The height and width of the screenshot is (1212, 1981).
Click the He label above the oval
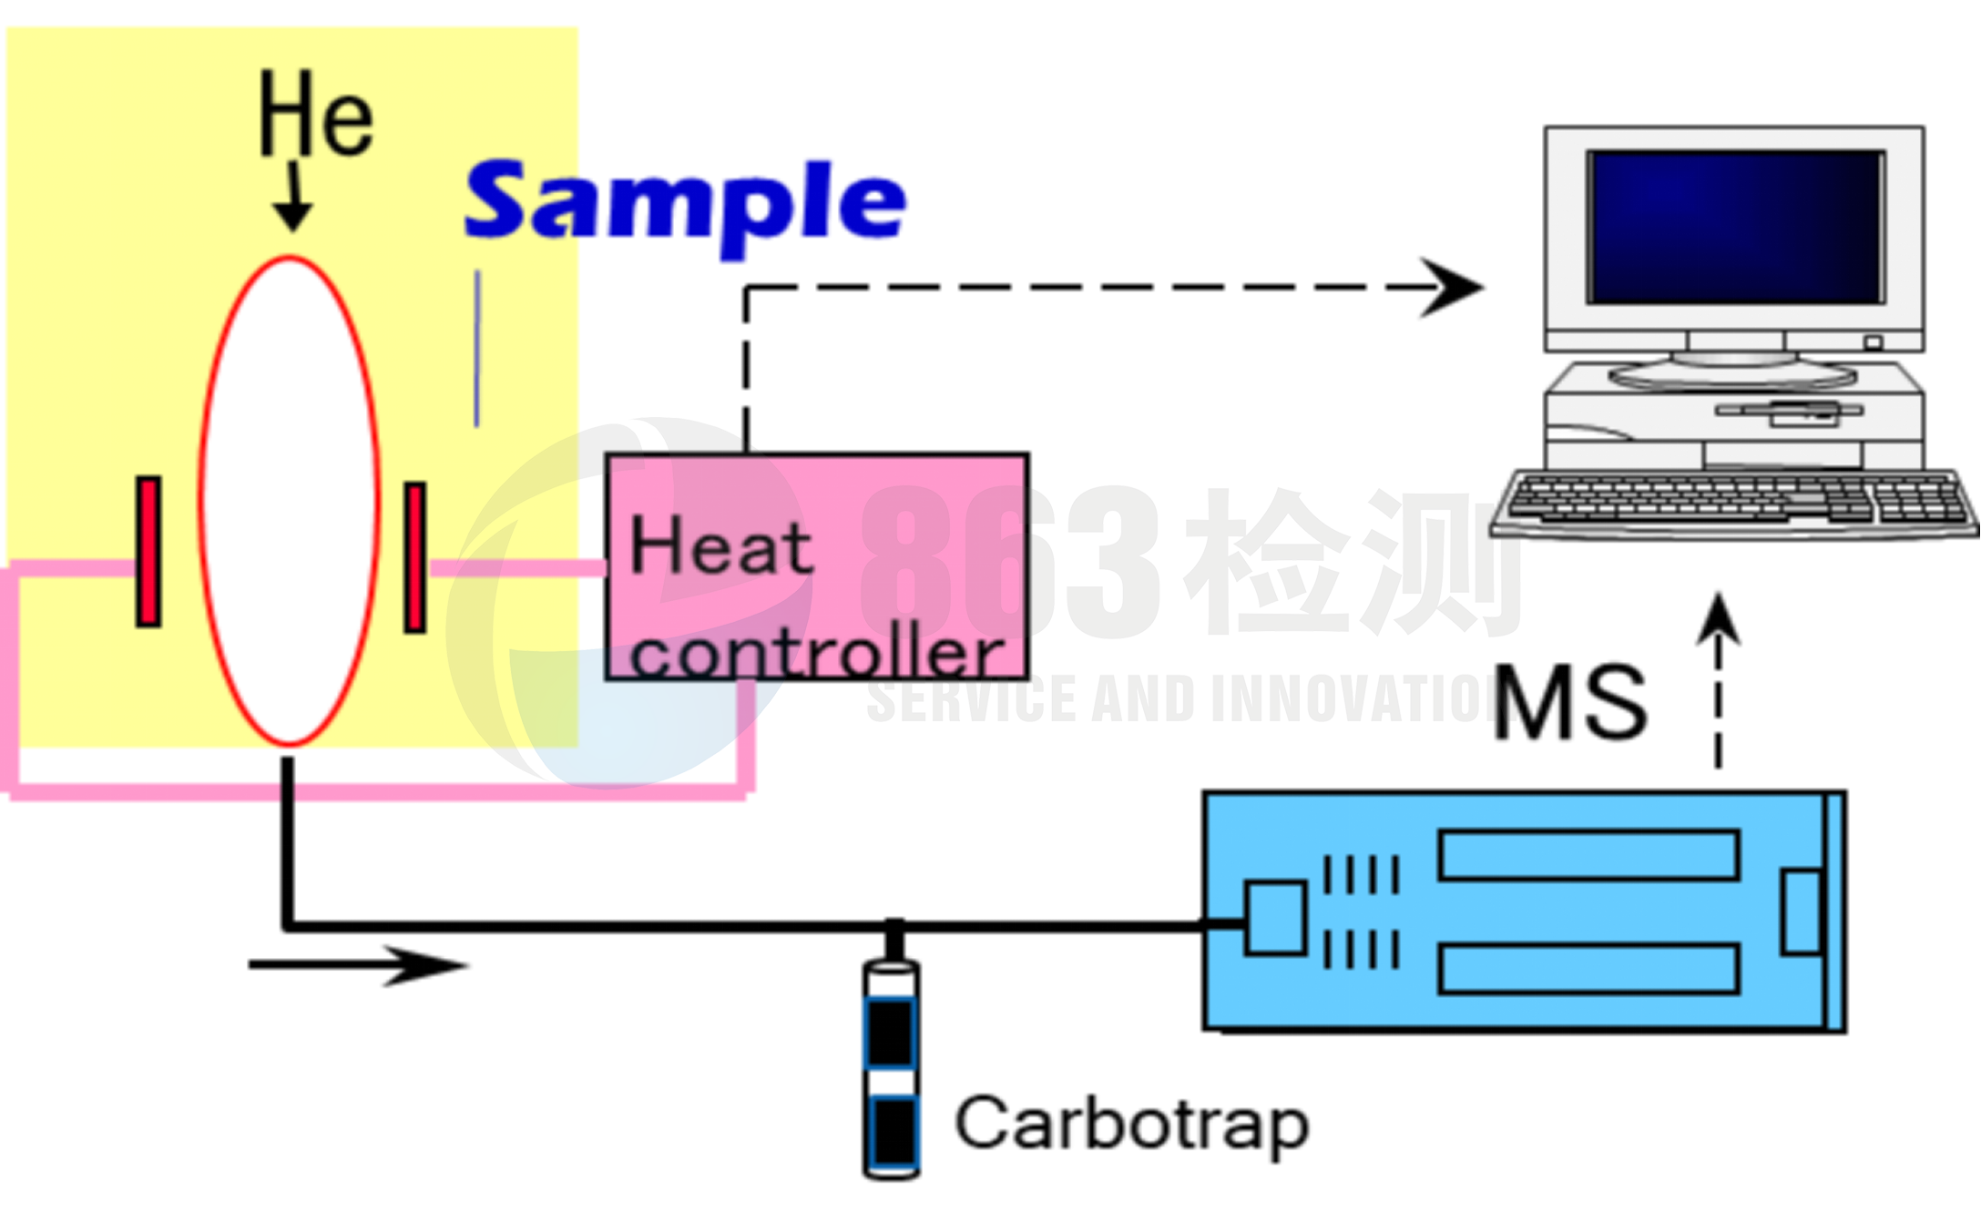click(315, 116)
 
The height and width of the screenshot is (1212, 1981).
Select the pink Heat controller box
click(817, 566)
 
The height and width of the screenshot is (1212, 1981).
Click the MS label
click(1570, 702)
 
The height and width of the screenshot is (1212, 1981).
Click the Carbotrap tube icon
click(891, 1067)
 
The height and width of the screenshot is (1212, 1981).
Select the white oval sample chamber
click(289, 501)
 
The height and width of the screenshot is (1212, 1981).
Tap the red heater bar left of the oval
click(148, 551)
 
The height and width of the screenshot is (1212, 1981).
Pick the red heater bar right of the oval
click(415, 556)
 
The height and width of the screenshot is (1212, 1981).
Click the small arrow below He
click(293, 199)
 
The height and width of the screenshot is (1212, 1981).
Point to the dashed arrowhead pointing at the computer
click(1452, 287)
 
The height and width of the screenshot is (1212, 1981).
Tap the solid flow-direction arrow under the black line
click(359, 964)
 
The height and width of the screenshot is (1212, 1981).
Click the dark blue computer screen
click(1734, 227)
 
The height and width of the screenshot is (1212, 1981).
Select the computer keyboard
click(1734, 502)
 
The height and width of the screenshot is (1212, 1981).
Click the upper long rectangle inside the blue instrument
click(1588, 854)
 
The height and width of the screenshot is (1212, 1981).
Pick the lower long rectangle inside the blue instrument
click(1588, 969)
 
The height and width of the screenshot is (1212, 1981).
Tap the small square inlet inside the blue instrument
click(1274, 918)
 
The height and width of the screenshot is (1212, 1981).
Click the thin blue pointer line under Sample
click(477, 349)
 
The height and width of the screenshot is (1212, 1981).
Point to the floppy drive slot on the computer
click(1789, 411)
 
